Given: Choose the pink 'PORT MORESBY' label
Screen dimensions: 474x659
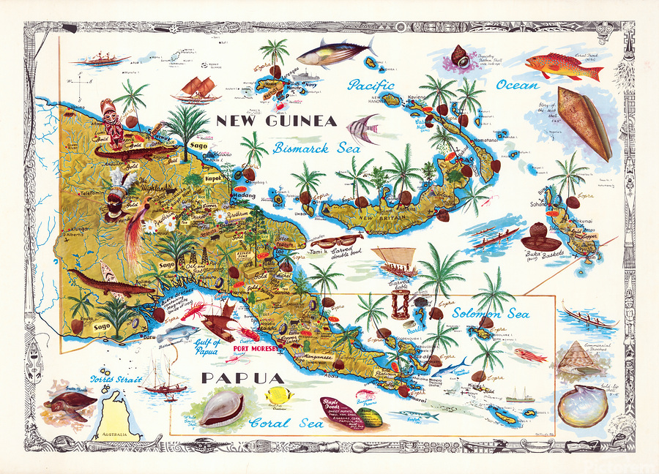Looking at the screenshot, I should pos(257,349).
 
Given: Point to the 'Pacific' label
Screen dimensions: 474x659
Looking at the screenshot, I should pos(371,86).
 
